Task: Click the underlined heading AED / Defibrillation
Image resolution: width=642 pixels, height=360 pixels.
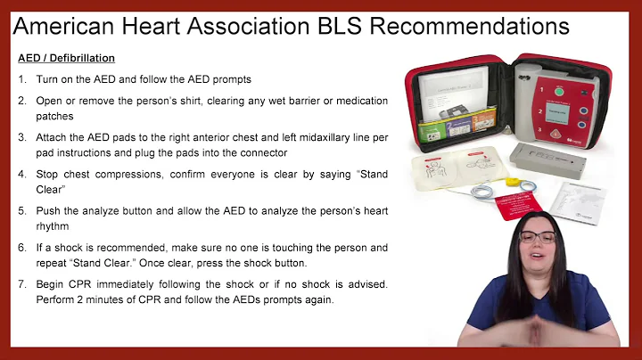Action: click(x=67, y=59)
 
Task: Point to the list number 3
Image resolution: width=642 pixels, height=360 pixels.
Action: click(x=22, y=136)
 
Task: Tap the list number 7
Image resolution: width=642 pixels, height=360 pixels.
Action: click(x=22, y=284)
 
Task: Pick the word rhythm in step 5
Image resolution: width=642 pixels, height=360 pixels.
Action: click(x=53, y=226)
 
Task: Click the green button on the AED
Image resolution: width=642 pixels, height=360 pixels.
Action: click(x=559, y=91)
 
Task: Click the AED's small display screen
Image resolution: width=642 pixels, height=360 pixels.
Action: click(x=561, y=114)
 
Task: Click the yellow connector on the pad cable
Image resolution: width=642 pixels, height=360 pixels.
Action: click(x=511, y=183)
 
